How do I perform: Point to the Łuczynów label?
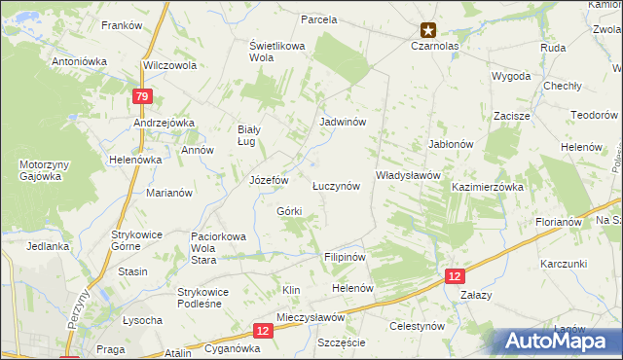[336, 185]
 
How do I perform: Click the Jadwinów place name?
[343, 123]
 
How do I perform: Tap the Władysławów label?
[409, 175]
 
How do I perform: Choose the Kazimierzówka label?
[488, 186]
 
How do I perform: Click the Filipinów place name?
[344, 258]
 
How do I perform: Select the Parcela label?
[318, 19]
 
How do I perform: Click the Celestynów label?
[417, 326]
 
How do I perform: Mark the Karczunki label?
[565, 264]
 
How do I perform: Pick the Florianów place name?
[558, 222]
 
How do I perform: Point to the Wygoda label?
[511, 75]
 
